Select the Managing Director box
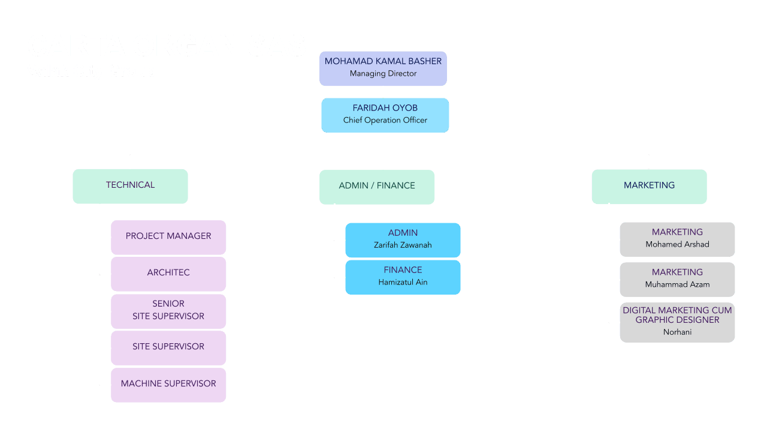click(383, 68)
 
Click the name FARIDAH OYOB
click(385, 108)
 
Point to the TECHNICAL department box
click(130, 186)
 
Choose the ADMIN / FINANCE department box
click(377, 187)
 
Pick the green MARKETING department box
click(649, 186)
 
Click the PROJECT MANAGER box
click(168, 237)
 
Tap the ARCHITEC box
click(168, 274)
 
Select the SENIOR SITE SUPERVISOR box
click(168, 311)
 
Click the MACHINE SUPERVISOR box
click(168, 385)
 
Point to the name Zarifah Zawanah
click(403, 245)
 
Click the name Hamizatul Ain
click(403, 283)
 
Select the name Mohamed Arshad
click(677, 245)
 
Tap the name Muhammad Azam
click(677, 285)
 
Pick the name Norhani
click(677, 332)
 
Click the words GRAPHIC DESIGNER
click(677, 320)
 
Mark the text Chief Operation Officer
click(385, 121)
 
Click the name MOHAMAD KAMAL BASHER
click(383, 61)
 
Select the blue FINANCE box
click(403, 277)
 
